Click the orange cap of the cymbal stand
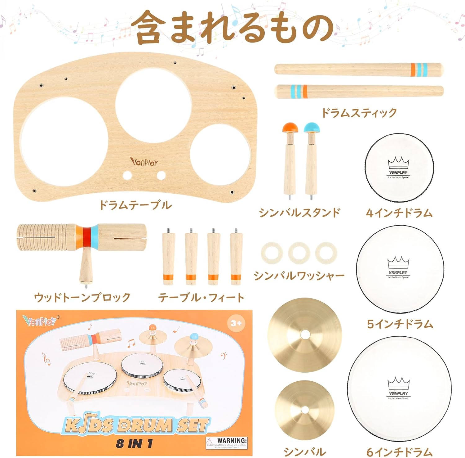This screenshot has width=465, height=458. [290, 127]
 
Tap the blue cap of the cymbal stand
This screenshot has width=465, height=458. [312, 127]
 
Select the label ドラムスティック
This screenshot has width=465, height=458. [359, 113]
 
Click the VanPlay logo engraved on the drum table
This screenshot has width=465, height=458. [144, 162]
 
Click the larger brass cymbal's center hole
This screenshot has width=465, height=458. [305, 335]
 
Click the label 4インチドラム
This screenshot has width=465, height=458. [399, 213]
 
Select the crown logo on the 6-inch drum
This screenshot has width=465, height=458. [399, 383]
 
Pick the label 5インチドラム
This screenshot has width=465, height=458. [400, 324]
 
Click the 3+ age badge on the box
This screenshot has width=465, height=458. [236, 323]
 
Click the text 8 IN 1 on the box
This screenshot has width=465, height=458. [135, 444]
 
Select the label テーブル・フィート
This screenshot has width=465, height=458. [201, 298]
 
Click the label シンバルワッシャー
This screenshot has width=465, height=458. [299, 276]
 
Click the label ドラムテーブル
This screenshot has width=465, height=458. [135, 205]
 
